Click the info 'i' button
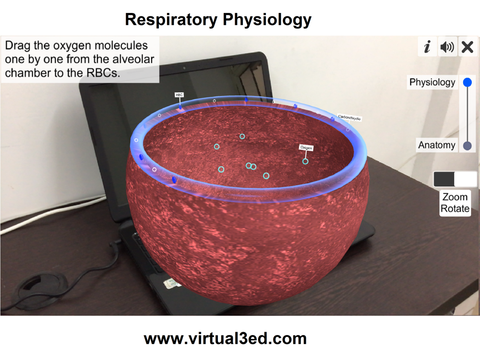tap(427, 47)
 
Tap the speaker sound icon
tap(447, 47)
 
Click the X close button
tap(468, 47)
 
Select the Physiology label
tap(432, 83)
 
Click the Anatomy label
tap(437, 145)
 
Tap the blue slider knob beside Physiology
tap(468, 82)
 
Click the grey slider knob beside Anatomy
tap(468, 146)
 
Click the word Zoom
tap(455, 197)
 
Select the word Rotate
tap(455, 208)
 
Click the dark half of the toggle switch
tap(444, 179)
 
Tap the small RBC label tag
tap(179, 95)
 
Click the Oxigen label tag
tap(306, 147)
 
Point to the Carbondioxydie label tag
tap(349, 118)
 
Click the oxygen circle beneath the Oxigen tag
tap(305, 161)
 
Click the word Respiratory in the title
tap(171, 20)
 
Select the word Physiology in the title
tap(267, 20)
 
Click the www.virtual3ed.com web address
tap(225, 338)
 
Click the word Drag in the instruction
tap(18, 46)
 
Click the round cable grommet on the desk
tap(43, 288)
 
